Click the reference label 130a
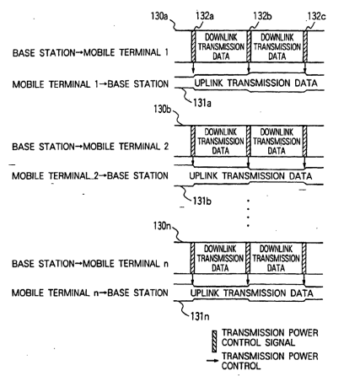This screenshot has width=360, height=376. [159, 16]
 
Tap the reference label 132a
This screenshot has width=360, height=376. [205, 16]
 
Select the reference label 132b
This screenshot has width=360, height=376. [262, 16]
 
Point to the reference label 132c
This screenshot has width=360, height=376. [317, 16]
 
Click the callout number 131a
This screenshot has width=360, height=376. [202, 103]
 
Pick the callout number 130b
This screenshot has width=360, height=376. [162, 109]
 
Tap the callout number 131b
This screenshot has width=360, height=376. [202, 201]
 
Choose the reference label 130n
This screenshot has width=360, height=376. [162, 226]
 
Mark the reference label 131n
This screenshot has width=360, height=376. [200, 316]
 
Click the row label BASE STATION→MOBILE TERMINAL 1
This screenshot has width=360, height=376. [90, 52]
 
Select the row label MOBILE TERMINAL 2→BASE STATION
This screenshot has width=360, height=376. [90, 176]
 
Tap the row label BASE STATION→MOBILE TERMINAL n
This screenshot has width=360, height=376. [90, 264]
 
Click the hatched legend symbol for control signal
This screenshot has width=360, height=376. [214, 341]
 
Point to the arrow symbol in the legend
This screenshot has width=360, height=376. [212, 360]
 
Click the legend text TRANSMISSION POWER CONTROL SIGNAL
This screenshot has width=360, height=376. [270, 337]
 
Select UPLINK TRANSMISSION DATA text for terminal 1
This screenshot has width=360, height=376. [255, 83]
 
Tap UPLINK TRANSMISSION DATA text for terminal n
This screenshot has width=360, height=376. [252, 293]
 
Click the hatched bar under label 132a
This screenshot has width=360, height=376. [193, 46]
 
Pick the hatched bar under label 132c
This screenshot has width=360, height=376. [305, 46]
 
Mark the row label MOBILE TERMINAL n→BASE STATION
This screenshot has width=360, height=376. [90, 293]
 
